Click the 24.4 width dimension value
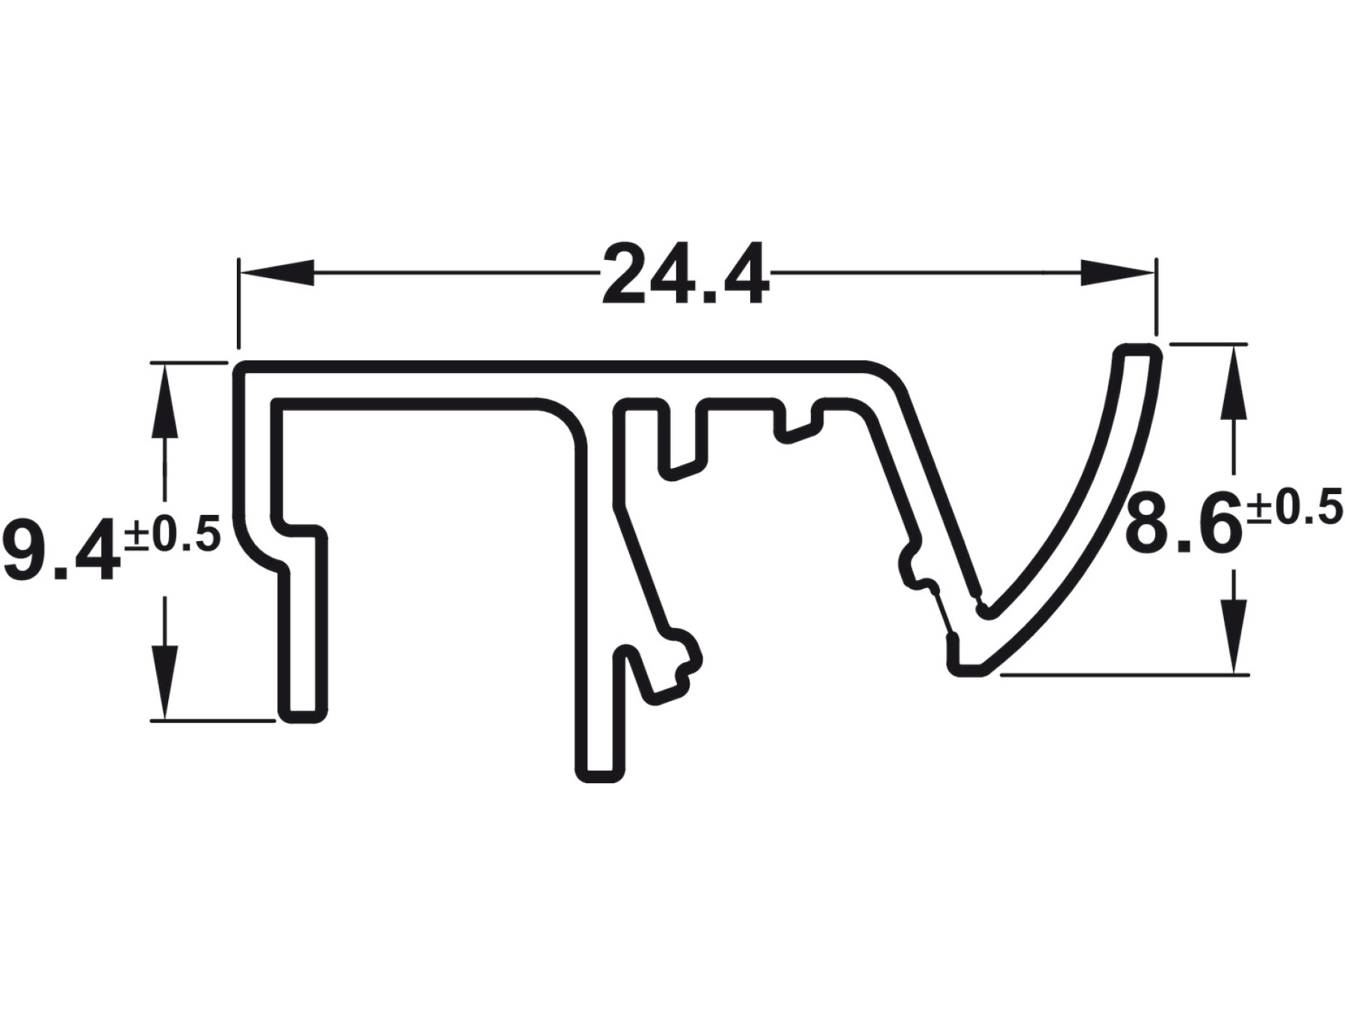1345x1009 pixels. point(685,274)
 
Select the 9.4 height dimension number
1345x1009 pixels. point(61,550)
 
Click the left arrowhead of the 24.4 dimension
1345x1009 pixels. point(276,273)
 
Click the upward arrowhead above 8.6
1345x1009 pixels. point(1233,381)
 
